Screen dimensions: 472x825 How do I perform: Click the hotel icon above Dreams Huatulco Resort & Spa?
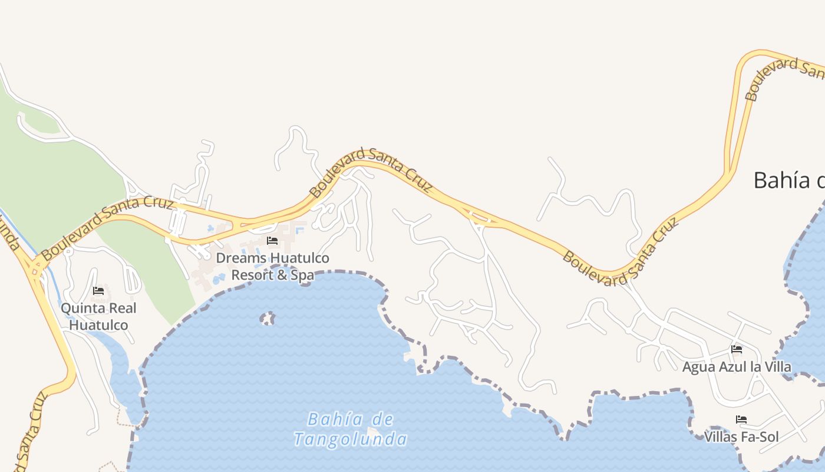(x=272, y=241)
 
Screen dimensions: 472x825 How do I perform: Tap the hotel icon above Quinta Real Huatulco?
(x=98, y=291)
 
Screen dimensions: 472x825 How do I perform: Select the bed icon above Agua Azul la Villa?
(x=737, y=349)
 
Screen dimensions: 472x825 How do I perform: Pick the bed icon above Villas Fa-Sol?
(x=741, y=419)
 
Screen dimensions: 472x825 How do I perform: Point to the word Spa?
(x=302, y=275)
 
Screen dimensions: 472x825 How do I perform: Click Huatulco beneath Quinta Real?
(x=98, y=325)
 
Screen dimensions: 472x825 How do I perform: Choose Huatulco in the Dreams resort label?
(x=300, y=258)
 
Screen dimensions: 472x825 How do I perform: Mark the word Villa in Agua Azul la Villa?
(x=776, y=367)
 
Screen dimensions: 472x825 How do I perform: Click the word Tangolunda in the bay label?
(x=350, y=440)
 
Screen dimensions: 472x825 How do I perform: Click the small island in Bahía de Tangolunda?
(x=268, y=319)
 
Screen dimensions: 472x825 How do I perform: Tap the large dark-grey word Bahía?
(x=781, y=181)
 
